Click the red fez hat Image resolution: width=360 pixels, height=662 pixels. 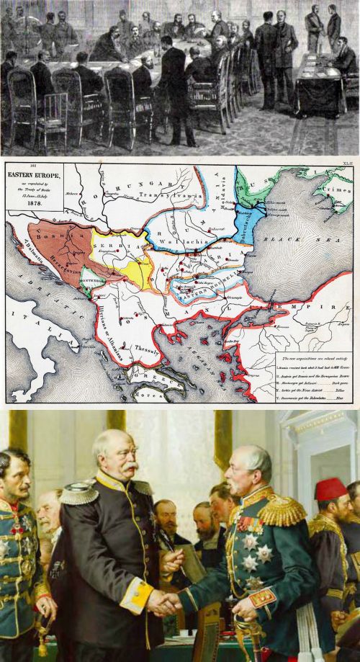pyautogui.click(x=331, y=489)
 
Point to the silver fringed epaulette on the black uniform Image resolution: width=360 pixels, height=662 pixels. pyautogui.click(x=79, y=493)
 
